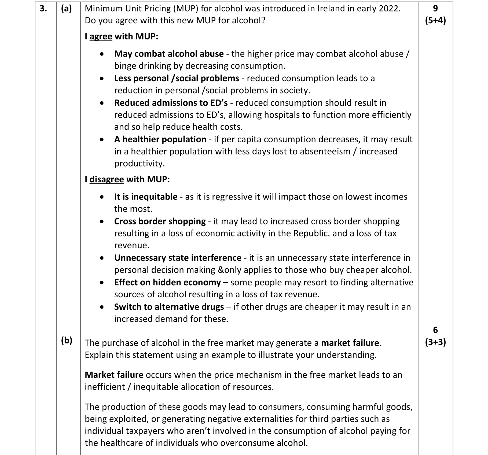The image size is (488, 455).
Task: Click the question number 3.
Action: tap(43, 9)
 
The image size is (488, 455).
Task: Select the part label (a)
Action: tap(66, 9)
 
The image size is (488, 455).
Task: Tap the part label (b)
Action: tap(67, 340)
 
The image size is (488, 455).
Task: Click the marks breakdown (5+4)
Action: tap(435, 21)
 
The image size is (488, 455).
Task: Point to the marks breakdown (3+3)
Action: tap(435, 342)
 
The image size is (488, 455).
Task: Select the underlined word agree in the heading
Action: tap(101, 36)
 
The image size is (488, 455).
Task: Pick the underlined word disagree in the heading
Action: tap(107, 179)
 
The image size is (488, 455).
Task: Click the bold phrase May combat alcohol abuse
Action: tap(169, 54)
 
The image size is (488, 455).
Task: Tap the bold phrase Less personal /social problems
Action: tap(177, 78)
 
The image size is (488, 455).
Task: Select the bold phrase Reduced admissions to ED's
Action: tap(171, 103)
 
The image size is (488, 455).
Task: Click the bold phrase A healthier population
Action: tap(160, 139)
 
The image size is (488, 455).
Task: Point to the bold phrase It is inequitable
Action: tap(146, 197)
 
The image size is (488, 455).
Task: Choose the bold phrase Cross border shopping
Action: tap(160, 221)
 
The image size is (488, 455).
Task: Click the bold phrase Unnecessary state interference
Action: tap(178, 258)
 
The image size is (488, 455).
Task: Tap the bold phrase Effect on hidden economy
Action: tap(167, 283)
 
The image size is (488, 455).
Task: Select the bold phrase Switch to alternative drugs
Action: tap(169, 307)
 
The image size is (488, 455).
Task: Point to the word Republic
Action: tap(311, 234)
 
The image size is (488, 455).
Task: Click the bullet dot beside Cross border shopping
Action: tap(102, 222)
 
